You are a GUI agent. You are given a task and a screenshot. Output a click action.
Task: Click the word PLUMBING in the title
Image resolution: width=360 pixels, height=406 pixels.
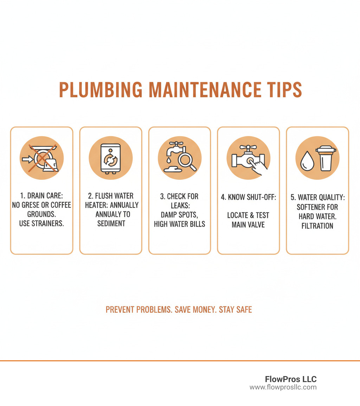(x=101, y=90)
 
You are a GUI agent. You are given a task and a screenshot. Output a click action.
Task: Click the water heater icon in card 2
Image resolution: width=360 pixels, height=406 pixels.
(x=110, y=158)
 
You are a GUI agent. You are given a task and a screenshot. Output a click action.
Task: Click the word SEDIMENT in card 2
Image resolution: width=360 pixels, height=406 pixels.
(x=111, y=223)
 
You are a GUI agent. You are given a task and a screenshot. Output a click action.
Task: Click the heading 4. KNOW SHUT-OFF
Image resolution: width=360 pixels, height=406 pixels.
(x=248, y=197)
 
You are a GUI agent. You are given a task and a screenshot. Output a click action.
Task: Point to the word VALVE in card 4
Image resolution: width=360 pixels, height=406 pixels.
(x=257, y=224)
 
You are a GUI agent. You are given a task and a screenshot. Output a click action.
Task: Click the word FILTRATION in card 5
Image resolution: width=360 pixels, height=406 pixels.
(x=317, y=226)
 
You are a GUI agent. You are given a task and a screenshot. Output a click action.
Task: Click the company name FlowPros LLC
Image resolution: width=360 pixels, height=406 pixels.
(x=291, y=379)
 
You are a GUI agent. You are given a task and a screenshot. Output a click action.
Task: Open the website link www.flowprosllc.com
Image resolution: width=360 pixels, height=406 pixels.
(x=283, y=387)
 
